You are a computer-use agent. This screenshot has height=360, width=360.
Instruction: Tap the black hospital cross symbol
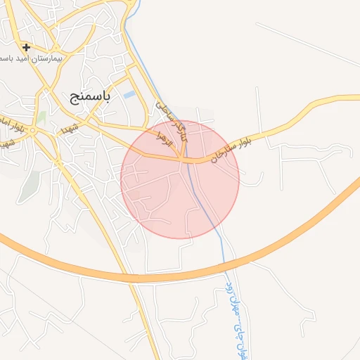tap(26, 48)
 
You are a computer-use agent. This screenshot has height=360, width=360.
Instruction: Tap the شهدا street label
tap(68, 129)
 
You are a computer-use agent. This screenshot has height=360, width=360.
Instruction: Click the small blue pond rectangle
tap(129, 94)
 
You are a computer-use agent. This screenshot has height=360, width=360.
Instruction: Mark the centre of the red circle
tap(180, 180)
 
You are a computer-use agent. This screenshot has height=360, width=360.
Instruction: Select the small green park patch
tap(42, 117)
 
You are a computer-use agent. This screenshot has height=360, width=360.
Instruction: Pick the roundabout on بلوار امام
tap(40, 130)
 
